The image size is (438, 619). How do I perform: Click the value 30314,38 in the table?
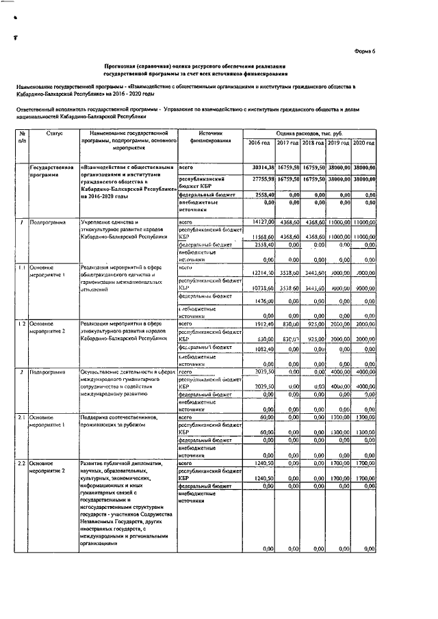(x=261, y=167)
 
